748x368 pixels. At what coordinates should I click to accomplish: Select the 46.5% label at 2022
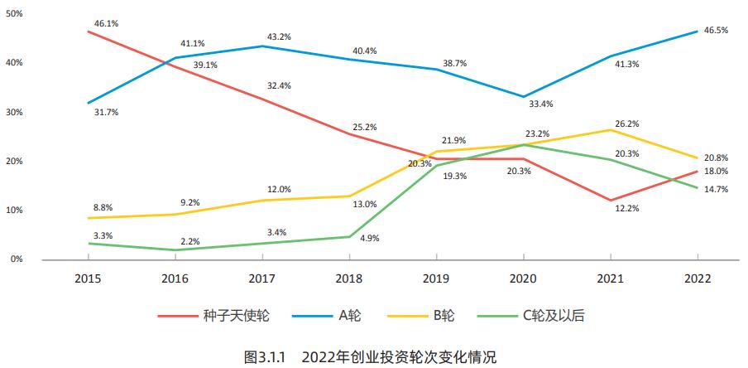716,31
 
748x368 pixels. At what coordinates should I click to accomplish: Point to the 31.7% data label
106,112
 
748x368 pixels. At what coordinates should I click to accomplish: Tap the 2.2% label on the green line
189,241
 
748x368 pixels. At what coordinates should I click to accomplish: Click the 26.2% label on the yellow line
626,123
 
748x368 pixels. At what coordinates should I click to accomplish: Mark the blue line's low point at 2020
522,96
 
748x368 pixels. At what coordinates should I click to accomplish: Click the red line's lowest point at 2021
610,201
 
